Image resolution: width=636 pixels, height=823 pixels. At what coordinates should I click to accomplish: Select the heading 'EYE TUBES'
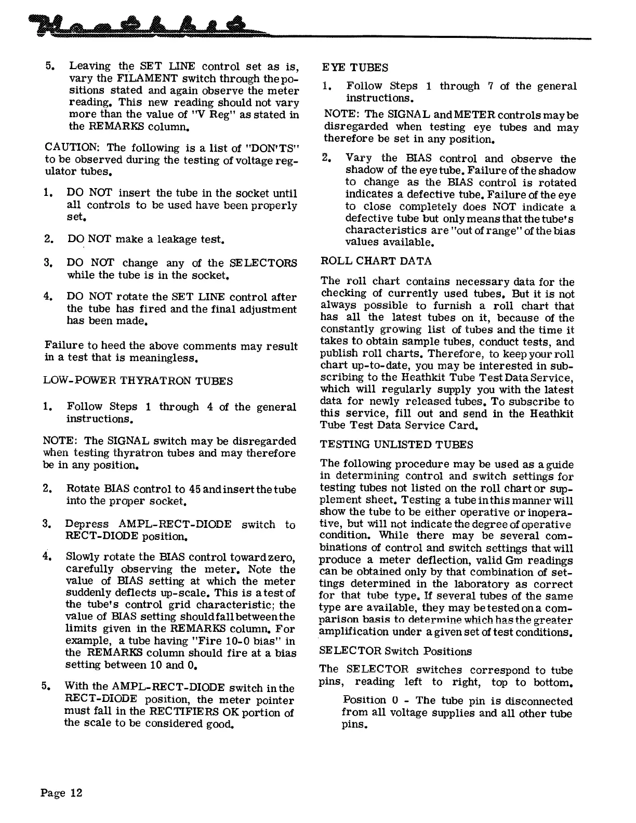click(x=355, y=68)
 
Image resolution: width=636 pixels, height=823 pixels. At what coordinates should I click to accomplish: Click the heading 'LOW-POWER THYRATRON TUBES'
click(x=138, y=381)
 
